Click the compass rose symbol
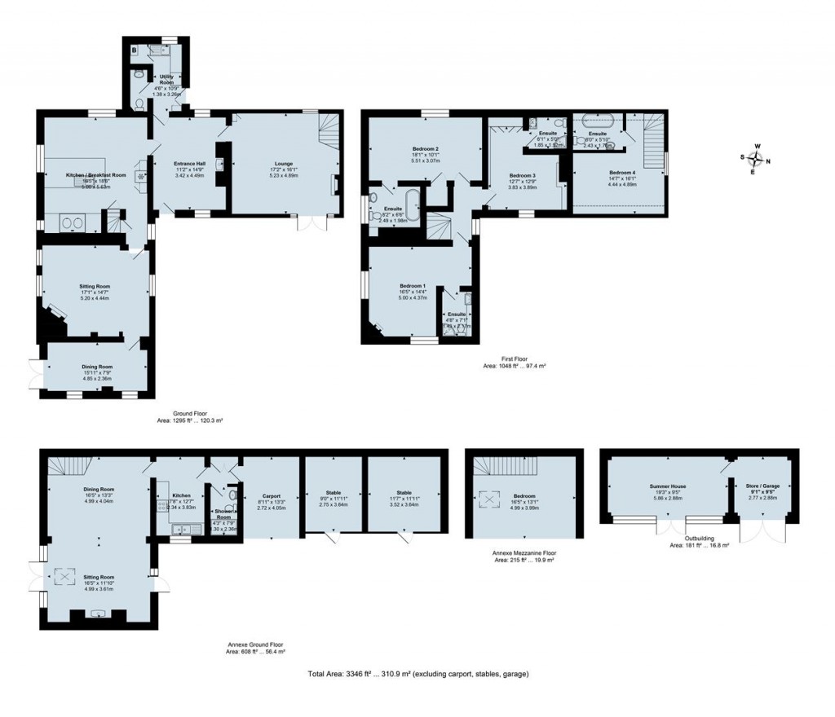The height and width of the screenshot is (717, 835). click(x=757, y=156)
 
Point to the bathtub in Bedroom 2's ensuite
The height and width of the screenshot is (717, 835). click(x=411, y=205)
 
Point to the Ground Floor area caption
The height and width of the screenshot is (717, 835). click(x=190, y=417)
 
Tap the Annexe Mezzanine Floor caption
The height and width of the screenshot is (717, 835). click(x=525, y=556)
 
